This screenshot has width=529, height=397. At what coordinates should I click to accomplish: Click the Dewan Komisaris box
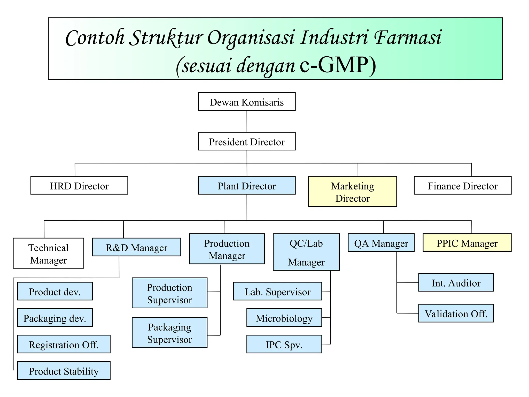click(247, 102)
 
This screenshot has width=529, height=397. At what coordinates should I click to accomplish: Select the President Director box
click(247, 141)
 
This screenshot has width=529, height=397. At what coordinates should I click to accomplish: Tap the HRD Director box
click(79, 185)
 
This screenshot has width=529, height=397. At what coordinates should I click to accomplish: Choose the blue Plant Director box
click(247, 185)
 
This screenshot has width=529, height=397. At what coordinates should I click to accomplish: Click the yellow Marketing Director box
click(352, 192)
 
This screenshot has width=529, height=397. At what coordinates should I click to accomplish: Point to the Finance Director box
click(462, 185)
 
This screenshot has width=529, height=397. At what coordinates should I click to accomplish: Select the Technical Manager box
click(48, 253)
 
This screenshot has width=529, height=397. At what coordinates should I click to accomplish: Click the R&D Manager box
click(136, 247)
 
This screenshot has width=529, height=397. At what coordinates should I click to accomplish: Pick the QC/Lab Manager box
click(306, 252)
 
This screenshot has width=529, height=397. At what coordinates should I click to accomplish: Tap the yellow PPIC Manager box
click(467, 243)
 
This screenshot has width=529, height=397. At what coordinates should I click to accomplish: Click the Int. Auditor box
click(456, 283)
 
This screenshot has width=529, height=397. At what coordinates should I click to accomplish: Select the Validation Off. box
click(456, 313)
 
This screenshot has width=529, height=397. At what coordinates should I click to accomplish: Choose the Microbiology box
click(284, 318)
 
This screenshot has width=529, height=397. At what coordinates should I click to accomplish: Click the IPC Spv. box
click(284, 344)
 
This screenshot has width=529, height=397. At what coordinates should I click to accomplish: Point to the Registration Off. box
click(64, 344)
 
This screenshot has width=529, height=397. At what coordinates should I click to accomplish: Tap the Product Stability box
click(64, 371)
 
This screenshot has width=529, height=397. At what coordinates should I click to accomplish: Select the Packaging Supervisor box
click(169, 333)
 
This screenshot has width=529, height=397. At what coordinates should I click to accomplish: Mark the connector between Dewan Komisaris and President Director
click(247, 121)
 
